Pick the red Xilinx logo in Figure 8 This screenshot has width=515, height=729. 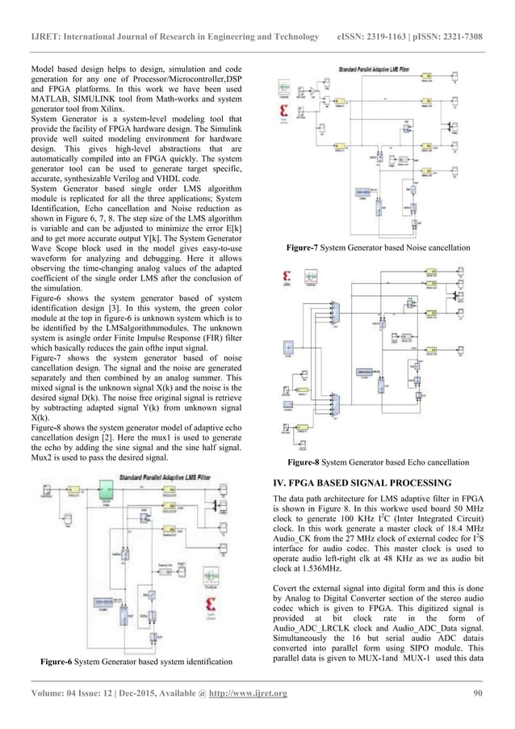[285, 280]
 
